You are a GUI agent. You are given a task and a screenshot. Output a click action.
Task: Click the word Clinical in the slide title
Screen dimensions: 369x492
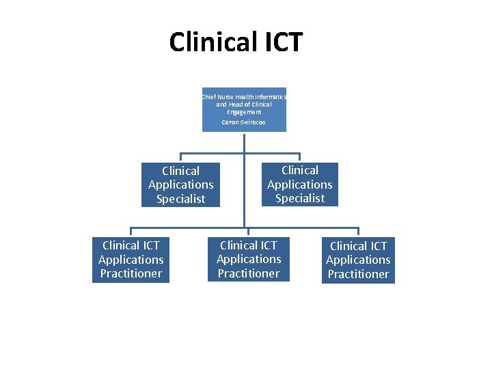(210, 42)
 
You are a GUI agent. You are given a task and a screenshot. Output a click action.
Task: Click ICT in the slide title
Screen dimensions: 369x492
(279, 42)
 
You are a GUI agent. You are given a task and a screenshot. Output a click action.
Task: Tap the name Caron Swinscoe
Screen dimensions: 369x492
(244, 122)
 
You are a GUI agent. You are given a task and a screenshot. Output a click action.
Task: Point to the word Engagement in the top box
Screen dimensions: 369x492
(244, 112)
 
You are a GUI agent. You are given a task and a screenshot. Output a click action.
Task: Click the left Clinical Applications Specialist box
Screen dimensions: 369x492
(181, 184)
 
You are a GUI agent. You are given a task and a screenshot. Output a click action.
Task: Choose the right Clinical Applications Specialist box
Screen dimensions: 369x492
(299, 184)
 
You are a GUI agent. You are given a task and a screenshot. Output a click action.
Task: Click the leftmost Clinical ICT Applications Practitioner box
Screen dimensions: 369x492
(131, 259)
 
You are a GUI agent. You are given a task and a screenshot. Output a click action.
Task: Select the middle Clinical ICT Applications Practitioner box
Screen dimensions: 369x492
(249, 259)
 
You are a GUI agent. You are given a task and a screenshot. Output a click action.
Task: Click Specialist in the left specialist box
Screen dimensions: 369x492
(181, 199)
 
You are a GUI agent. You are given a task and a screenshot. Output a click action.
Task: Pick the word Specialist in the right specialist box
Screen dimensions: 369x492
(299, 198)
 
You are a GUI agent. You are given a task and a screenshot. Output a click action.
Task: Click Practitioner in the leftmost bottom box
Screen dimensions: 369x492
(131, 273)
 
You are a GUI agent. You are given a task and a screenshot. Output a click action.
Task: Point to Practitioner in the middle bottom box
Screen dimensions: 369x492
(249, 273)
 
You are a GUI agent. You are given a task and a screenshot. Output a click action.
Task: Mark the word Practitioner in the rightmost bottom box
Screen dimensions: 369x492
(358, 274)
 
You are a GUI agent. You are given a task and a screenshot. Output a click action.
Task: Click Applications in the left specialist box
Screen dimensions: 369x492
(181, 184)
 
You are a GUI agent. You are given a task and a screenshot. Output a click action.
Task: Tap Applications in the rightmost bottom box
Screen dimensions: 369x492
(358, 260)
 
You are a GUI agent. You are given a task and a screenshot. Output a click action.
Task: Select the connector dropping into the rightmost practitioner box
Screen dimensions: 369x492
(358, 232)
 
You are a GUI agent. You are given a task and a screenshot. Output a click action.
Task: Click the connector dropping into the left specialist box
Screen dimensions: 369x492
(181, 157)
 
